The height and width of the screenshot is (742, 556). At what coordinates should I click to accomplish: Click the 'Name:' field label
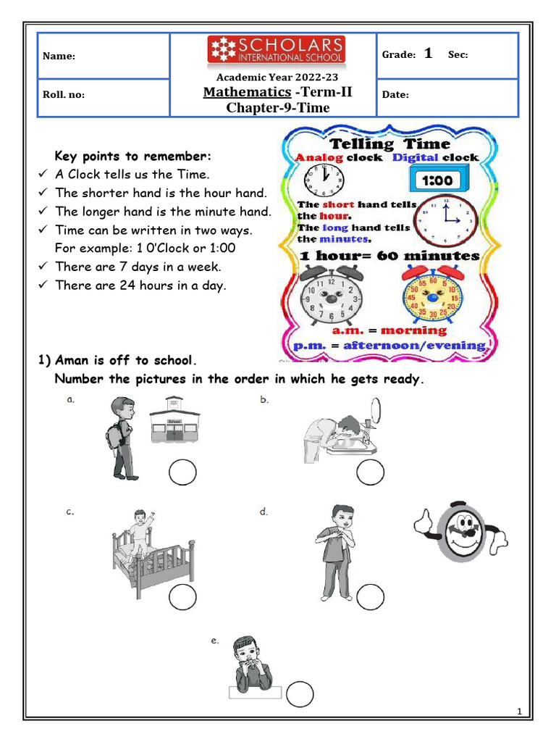coord(58,57)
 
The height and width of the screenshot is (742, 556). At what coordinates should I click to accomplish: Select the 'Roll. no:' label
coord(64,95)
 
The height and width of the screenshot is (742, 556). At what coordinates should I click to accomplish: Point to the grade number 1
coord(428,54)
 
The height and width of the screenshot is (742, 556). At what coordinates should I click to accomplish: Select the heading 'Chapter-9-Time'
coord(277,108)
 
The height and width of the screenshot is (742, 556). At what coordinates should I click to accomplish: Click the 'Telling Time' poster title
coord(389,143)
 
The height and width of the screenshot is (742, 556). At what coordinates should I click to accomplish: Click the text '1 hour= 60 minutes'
coord(389,256)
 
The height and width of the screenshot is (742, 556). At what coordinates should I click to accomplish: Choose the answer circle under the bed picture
coord(182,598)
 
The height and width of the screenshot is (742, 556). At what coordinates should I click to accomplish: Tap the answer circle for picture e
coord(299,694)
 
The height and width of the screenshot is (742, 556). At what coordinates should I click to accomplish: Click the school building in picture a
coord(174,420)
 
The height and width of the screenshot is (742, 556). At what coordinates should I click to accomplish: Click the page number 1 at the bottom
coord(520,712)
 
